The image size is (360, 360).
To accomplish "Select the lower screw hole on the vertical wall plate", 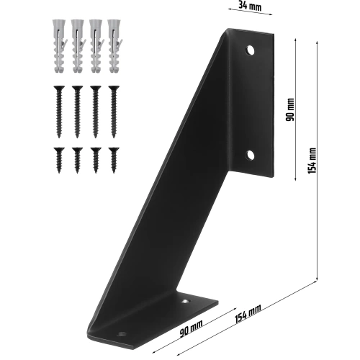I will pyautogui.click(x=251, y=155).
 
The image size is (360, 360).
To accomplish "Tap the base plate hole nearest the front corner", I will pyautogui.click(x=120, y=334).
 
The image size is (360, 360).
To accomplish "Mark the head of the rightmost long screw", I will pyautogui.click(x=113, y=89).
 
